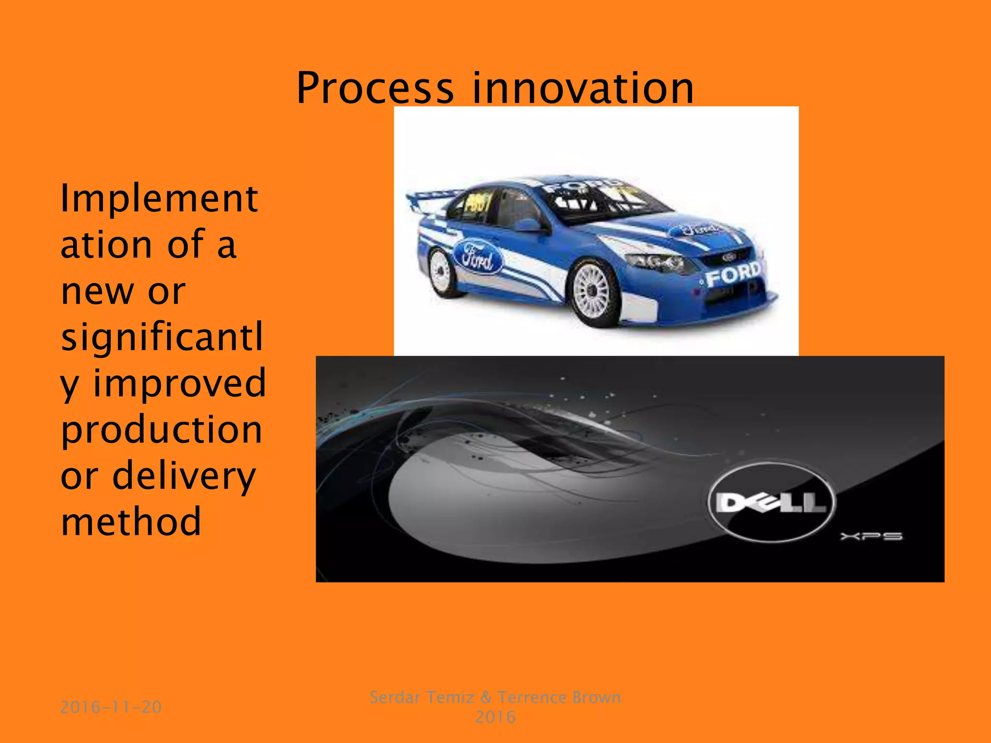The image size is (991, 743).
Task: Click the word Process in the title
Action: (375, 88)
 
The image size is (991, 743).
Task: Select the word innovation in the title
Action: (583, 88)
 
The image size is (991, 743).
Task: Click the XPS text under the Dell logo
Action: (871, 536)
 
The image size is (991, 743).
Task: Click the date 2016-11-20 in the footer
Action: (111, 707)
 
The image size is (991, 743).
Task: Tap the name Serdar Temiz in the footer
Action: (421, 697)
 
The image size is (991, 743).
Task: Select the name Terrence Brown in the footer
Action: (559, 697)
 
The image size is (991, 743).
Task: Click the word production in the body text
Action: (161, 430)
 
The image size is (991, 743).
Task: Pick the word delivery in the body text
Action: (184, 476)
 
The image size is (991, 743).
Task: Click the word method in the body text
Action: (131, 521)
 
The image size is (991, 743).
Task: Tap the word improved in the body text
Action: (179, 383)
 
